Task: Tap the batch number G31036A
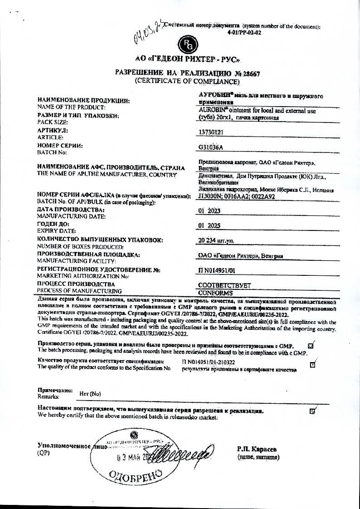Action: pyautogui.click(x=211, y=147)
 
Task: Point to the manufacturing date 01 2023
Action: pyautogui.click(x=209, y=210)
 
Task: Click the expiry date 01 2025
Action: pyautogui.click(x=209, y=225)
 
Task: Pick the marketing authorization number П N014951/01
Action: pyautogui.click(x=217, y=271)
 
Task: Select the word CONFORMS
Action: pyautogui.click(x=216, y=293)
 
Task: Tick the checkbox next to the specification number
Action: pyautogui.click(x=313, y=364)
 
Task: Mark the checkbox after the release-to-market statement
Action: pyautogui.click(x=312, y=411)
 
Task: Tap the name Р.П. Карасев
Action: pyautogui.click(x=257, y=449)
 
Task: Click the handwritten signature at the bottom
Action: pyautogui.click(x=181, y=454)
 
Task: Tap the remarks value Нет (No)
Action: pyautogui.click(x=90, y=394)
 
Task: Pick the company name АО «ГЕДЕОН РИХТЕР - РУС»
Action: pyautogui.click(x=187, y=59)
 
